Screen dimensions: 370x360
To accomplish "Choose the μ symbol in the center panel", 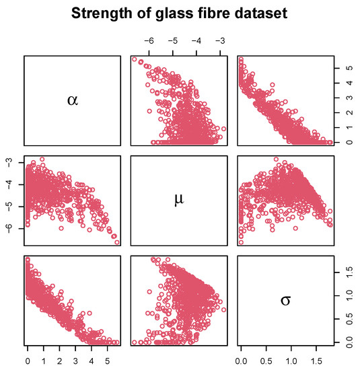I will pyautogui.click(x=180, y=200).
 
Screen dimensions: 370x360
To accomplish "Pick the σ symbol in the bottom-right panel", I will pyautogui.click(x=285, y=299).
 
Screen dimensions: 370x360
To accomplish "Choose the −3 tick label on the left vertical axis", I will pyautogui.click(x=9, y=162).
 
